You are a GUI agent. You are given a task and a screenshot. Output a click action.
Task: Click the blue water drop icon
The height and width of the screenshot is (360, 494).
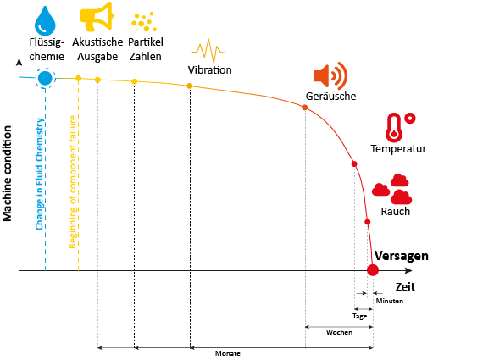pos(45,21)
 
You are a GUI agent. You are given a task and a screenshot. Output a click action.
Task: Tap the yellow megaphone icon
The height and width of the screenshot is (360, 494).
pos(96,16)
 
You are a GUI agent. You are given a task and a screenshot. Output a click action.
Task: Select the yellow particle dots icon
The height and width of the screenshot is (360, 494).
pos(144,22)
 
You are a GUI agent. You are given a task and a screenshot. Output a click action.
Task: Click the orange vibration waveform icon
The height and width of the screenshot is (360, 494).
pos(208,51)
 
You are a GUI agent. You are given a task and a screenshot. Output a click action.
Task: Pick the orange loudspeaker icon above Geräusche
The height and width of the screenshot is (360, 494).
pos(330,75)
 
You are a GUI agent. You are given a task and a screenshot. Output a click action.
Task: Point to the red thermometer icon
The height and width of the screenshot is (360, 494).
pos(400,127)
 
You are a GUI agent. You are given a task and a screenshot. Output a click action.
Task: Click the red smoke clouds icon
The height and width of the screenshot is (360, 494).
pos(392,189)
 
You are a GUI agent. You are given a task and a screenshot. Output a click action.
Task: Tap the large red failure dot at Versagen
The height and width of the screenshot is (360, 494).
pos(373,270)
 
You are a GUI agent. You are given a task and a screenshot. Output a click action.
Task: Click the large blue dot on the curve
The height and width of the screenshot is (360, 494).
pos(45,78)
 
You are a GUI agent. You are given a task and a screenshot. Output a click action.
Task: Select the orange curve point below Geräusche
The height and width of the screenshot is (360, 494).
pos(305,108)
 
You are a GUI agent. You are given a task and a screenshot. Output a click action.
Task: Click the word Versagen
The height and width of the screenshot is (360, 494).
pos(401,256)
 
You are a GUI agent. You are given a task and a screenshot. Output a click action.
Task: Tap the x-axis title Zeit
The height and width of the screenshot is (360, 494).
pos(405,286)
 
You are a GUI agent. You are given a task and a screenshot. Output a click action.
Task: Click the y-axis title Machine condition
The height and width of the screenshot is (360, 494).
pos(7,174)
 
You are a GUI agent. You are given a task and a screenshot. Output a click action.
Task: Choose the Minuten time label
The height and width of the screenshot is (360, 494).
pos(390,301)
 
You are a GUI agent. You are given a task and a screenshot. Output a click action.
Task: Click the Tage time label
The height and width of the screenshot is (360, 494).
pos(359,316)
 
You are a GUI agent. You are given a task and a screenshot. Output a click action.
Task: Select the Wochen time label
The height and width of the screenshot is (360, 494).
pos(339,332)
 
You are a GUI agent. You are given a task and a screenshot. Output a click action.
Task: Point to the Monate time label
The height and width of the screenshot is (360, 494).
pos(227,353)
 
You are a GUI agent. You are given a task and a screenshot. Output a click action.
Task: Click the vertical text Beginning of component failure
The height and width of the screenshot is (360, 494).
pos(73,182)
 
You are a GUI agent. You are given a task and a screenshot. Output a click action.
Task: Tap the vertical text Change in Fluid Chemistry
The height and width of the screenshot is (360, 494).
pos(40,174)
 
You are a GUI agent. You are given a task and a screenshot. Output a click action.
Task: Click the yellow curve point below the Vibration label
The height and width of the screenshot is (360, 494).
pos(190,86)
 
